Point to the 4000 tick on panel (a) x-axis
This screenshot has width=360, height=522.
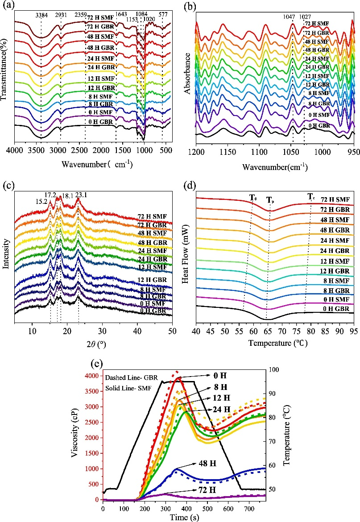[x=15, y=152]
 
